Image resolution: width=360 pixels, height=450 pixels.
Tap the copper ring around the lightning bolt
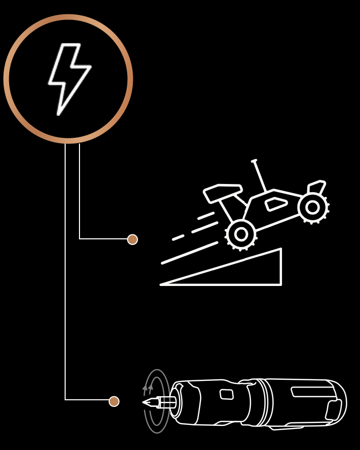pyautogui.click(x=68, y=17)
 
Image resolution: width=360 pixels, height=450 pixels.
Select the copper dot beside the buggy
pyautogui.click(x=132, y=239)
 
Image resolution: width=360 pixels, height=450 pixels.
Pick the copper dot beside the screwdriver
pyautogui.click(x=114, y=401)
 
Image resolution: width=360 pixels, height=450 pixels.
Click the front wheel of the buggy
pyautogui.click(x=312, y=207)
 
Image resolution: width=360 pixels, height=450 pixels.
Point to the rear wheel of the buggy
pyautogui.click(x=241, y=234)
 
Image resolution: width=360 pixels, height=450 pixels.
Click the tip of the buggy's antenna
pyautogui.click(x=254, y=161)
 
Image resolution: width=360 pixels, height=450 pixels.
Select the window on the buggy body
pyautogui.click(x=276, y=204)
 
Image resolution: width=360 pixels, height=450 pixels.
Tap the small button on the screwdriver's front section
pyautogui.click(x=227, y=394)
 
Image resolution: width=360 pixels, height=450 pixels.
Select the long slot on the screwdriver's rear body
pyautogui.click(x=313, y=392)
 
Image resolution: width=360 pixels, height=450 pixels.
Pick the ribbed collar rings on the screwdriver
pyautogui.click(x=263, y=402)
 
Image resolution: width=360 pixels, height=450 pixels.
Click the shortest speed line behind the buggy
pyautogui.click(x=178, y=238)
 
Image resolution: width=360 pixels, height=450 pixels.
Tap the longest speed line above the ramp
pyautogui.click(x=189, y=253)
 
